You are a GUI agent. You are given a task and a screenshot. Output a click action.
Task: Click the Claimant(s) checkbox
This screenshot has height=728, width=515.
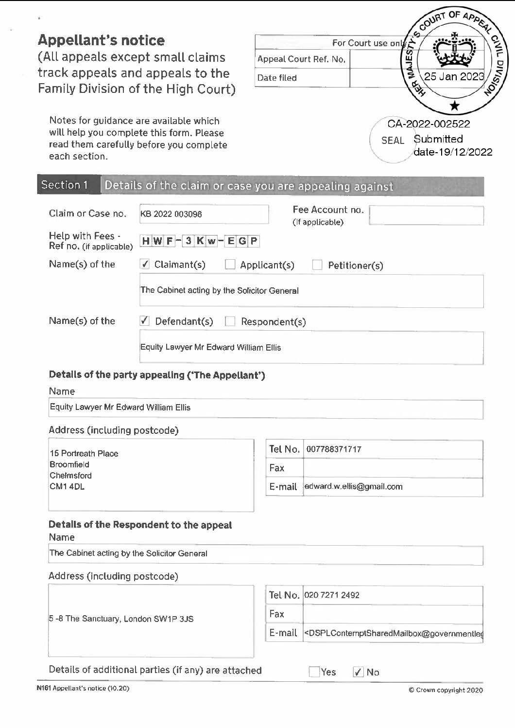point(144,264)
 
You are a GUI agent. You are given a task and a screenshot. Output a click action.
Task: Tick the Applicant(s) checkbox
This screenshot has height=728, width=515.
point(230,265)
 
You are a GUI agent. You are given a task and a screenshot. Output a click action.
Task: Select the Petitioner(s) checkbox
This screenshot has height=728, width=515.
point(317,265)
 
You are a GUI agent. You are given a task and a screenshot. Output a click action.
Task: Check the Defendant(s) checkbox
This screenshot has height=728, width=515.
point(144,321)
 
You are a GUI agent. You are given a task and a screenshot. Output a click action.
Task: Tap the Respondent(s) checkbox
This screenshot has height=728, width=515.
point(230,321)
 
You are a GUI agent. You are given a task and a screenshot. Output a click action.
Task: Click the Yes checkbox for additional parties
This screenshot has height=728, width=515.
point(314,672)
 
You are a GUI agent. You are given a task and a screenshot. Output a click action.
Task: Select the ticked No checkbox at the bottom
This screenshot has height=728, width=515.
point(358,672)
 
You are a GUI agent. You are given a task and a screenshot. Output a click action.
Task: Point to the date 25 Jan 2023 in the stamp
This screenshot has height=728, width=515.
point(454,76)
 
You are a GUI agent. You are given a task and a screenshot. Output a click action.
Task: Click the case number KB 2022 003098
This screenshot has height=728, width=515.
point(171,214)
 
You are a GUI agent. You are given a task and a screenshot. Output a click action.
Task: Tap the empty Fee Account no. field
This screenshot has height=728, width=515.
point(426,215)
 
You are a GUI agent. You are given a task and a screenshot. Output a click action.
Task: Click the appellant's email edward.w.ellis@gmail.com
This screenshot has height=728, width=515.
point(354,486)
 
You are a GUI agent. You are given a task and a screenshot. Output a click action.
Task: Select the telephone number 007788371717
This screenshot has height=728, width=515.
point(334,449)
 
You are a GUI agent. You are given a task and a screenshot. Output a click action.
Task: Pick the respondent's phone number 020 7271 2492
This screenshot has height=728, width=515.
point(332,595)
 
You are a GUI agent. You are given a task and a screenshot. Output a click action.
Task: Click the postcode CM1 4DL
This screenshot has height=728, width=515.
point(67,486)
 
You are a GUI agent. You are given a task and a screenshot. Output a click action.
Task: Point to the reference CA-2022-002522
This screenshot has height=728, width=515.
point(429,124)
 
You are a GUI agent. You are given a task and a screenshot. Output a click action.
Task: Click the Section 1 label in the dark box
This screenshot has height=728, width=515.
point(65,185)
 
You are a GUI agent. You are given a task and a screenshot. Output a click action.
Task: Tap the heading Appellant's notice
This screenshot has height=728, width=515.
point(101,40)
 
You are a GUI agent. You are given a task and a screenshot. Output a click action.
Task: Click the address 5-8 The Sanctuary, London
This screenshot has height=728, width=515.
point(121,619)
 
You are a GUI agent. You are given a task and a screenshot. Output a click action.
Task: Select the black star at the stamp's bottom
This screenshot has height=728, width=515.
point(454,105)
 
